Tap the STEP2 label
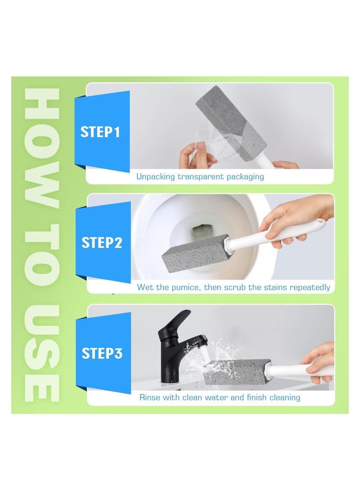click(102, 243)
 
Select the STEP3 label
click(102, 353)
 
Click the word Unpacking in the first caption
click(155, 177)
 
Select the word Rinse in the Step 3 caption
click(149, 397)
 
